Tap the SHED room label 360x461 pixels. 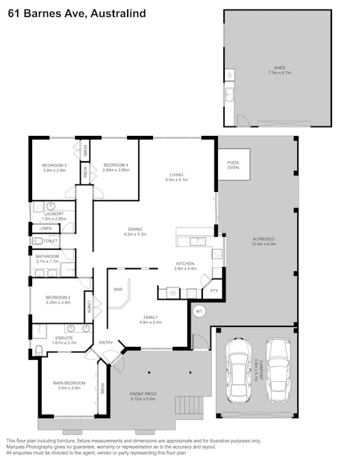279,68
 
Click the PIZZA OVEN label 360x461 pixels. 233,165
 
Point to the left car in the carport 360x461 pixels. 240,369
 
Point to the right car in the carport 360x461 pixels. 278,369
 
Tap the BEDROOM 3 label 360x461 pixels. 55,165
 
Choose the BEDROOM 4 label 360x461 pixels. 115,165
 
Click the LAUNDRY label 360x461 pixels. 53,214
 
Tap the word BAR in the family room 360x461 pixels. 117,290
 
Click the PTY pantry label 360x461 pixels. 214,290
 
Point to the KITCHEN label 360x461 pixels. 185,263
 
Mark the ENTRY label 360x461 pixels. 106,342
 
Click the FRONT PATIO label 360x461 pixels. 143,394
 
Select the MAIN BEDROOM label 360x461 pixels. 69,382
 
